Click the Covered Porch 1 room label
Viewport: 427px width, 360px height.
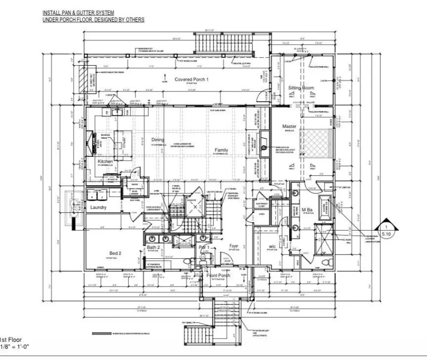[191, 80]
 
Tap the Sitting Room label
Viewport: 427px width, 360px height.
[300, 88]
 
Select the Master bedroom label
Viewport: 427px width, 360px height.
[290, 127]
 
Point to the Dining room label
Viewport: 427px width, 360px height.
[158, 140]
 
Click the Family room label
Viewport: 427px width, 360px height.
[221, 150]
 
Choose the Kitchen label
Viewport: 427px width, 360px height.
[105, 162]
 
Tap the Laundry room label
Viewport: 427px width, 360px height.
[98, 207]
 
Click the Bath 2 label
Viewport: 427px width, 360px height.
[154, 247]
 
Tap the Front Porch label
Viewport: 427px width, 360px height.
[218, 275]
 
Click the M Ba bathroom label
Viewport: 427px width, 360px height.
[307, 209]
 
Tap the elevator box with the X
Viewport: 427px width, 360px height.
[193, 207]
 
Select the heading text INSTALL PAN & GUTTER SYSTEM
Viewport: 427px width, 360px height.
[78, 13]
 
